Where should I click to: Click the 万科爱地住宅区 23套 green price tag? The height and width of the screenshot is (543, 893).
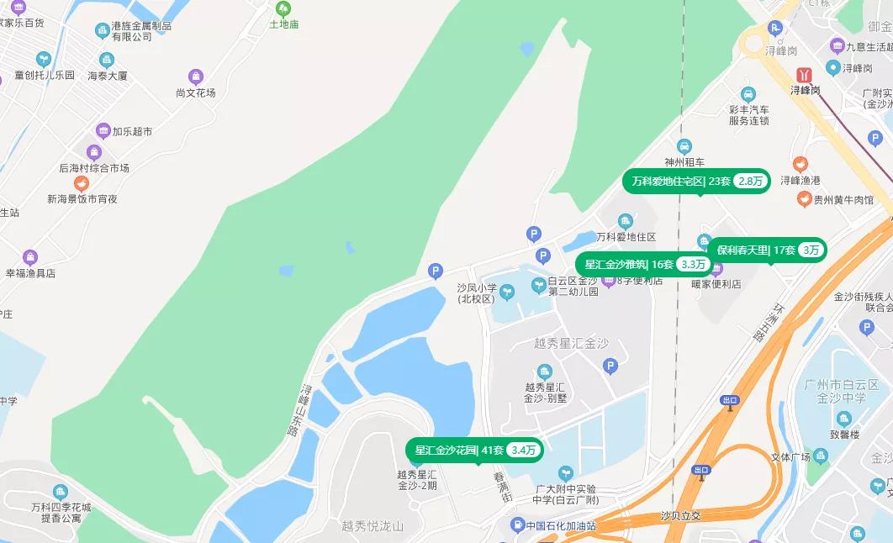(x=695, y=181)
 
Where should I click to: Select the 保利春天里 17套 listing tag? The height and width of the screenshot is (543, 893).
(x=767, y=250)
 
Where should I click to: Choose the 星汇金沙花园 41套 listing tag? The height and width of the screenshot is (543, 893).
(x=474, y=450)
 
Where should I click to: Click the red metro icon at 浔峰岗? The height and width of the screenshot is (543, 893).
(x=806, y=74)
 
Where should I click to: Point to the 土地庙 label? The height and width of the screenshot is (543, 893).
(x=283, y=25)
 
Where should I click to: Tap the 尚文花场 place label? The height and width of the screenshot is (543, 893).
(x=196, y=92)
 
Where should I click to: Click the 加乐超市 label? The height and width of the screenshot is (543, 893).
(x=132, y=132)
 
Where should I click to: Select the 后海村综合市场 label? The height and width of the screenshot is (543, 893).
(x=94, y=168)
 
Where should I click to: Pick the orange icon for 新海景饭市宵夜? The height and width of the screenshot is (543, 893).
(x=82, y=183)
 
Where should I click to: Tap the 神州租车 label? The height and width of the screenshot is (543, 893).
(x=684, y=162)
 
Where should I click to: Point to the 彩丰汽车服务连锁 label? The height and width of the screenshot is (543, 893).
(x=748, y=115)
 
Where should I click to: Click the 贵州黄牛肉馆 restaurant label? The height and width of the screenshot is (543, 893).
(x=843, y=200)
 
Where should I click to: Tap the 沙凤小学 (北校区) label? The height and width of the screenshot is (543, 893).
(x=475, y=293)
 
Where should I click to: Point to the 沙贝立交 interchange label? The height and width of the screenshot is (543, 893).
(x=680, y=515)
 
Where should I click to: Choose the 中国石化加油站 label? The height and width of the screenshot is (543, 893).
(x=561, y=526)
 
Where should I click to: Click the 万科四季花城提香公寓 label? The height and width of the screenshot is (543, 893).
(x=61, y=512)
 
